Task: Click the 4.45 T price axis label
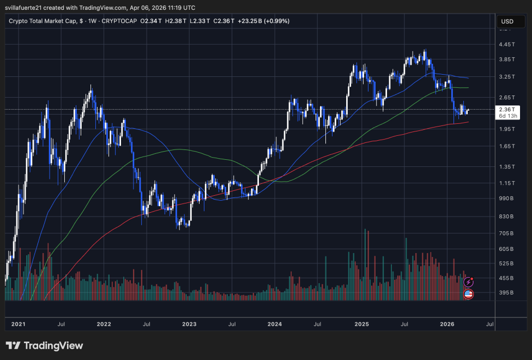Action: click(506, 45)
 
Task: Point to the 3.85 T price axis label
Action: click(506, 59)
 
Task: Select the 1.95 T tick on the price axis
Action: click(506, 129)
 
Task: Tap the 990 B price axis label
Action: click(506, 199)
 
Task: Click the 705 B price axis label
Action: click(506, 233)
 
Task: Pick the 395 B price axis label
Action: click(506, 293)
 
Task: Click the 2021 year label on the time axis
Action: click(18, 324)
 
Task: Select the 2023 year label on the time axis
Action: click(189, 324)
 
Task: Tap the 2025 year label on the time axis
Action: click(362, 324)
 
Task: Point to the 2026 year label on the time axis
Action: click(448, 324)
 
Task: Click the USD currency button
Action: click(506, 22)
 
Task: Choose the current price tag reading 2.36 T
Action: click(506, 109)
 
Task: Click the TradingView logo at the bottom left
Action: click(44, 346)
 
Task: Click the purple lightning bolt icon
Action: click(468, 282)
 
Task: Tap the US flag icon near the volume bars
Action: click(468, 294)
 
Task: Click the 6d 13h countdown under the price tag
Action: click(506, 116)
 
